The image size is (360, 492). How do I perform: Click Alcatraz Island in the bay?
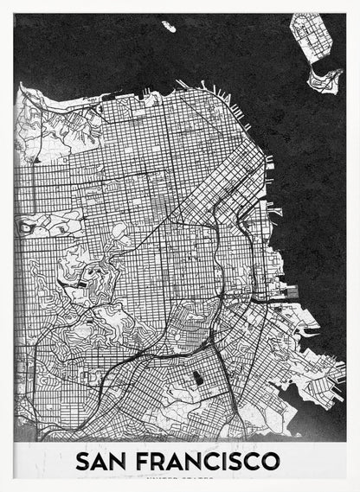point(168,27)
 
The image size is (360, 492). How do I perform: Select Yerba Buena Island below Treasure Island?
point(325,80)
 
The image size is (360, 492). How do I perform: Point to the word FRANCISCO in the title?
point(209,460)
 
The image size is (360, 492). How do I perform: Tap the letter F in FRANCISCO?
point(148,460)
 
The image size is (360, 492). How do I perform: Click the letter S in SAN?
point(84,460)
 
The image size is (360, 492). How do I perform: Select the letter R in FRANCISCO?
point(164,460)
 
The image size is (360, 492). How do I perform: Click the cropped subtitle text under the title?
point(180,477)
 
